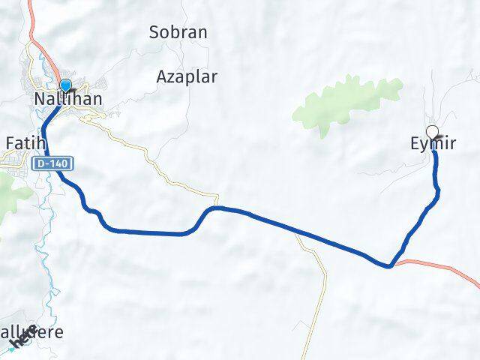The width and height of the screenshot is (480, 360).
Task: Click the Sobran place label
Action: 178,33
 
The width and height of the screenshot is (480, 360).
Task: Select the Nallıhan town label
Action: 67,99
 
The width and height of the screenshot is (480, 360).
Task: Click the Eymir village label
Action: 433,144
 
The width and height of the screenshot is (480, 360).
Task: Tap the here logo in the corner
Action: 22,341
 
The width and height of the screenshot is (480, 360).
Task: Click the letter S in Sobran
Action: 154,33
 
